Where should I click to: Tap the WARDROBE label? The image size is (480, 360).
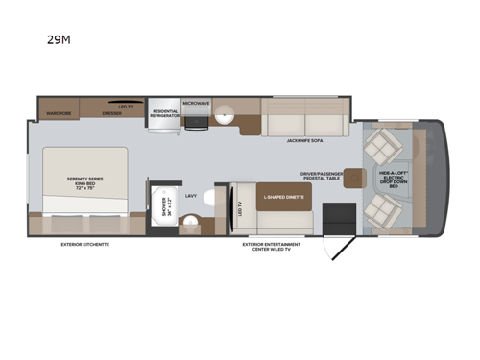pos(59,112)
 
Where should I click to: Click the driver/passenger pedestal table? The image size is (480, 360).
pos(351,177)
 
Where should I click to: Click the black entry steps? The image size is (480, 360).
pos(337,216)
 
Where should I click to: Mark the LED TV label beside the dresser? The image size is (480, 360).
pos(125,106)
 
